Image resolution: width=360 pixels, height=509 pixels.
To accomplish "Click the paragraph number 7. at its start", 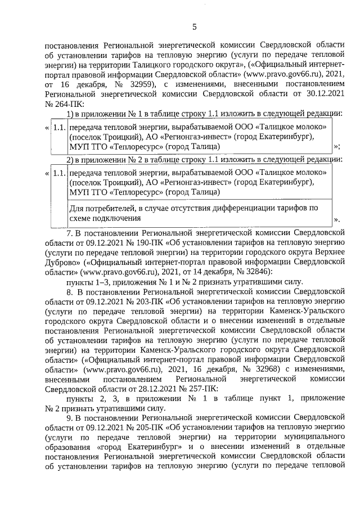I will [x=70, y=231].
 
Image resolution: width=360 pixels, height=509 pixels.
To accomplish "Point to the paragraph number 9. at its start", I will [x=70, y=419].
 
